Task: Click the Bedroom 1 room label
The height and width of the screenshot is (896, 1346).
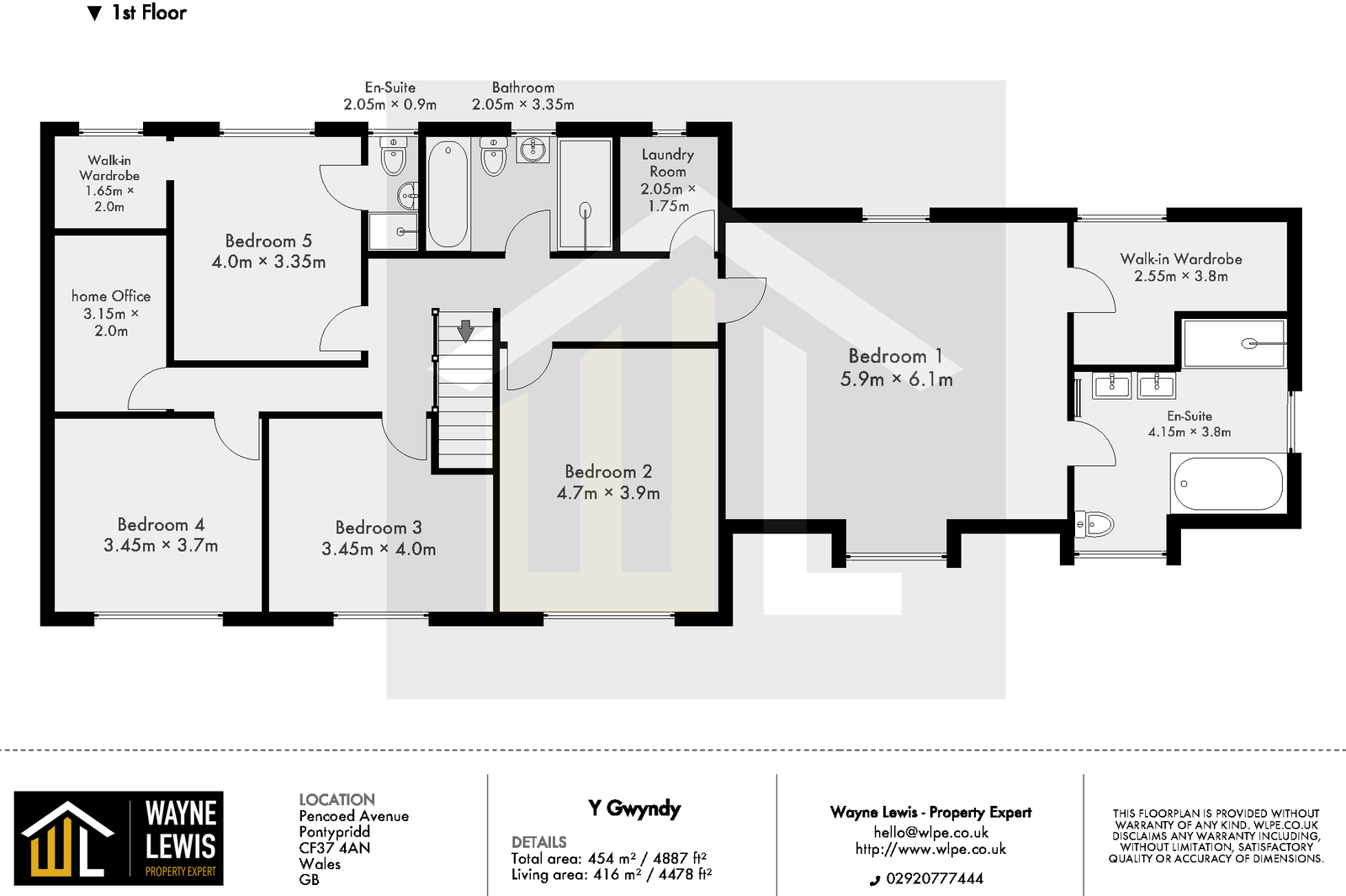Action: pyautogui.click(x=895, y=356)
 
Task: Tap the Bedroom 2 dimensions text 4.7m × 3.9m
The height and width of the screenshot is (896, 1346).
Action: pyautogui.click(x=608, y=493)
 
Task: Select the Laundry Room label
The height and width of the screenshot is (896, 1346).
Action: pyautogui.click(x=667, y=162)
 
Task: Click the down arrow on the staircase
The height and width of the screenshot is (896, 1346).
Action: pyautogui.click(x=465, y=331)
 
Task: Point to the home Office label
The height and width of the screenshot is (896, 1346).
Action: pyautogui.click(x=111, y=296)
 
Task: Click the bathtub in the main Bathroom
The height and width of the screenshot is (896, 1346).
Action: pyautogui.click(x=448, y=194)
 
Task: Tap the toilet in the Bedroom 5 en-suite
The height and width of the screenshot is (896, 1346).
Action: pyautogui.click(x=393, y=156)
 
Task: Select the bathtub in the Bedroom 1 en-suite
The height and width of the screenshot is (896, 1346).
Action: pyautogui.click(x=1228, y=484)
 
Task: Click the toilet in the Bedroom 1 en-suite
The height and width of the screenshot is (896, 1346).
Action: pyautogui.click(x=1094, y=525)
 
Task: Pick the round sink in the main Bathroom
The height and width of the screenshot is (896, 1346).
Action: pyautogui.click(x=533, y=151)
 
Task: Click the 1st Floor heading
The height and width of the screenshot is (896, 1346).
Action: pyautogui.click(x=149, y=13)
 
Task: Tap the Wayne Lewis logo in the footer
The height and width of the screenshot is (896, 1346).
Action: pyautogui.click(x=119, y=838)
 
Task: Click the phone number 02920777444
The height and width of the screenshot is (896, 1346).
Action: pyautogui.click(x=934, y=878)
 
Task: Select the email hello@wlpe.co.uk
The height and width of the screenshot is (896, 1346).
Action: pyautogui.click(x=930, y=832)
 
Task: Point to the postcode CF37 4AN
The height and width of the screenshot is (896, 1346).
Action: pyautogui.click(x=334, y=848)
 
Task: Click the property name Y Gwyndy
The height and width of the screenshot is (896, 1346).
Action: pyautogui.click(x=634, y=809)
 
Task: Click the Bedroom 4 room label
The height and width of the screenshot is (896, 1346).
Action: pyautogui.click(x=161, y=524)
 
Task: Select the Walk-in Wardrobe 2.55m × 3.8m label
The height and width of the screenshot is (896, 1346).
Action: pyautogui.click(x=1180, y=267)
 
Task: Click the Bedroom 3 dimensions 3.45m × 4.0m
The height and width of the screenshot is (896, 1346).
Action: pyautogui.click(x=379, y=549)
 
